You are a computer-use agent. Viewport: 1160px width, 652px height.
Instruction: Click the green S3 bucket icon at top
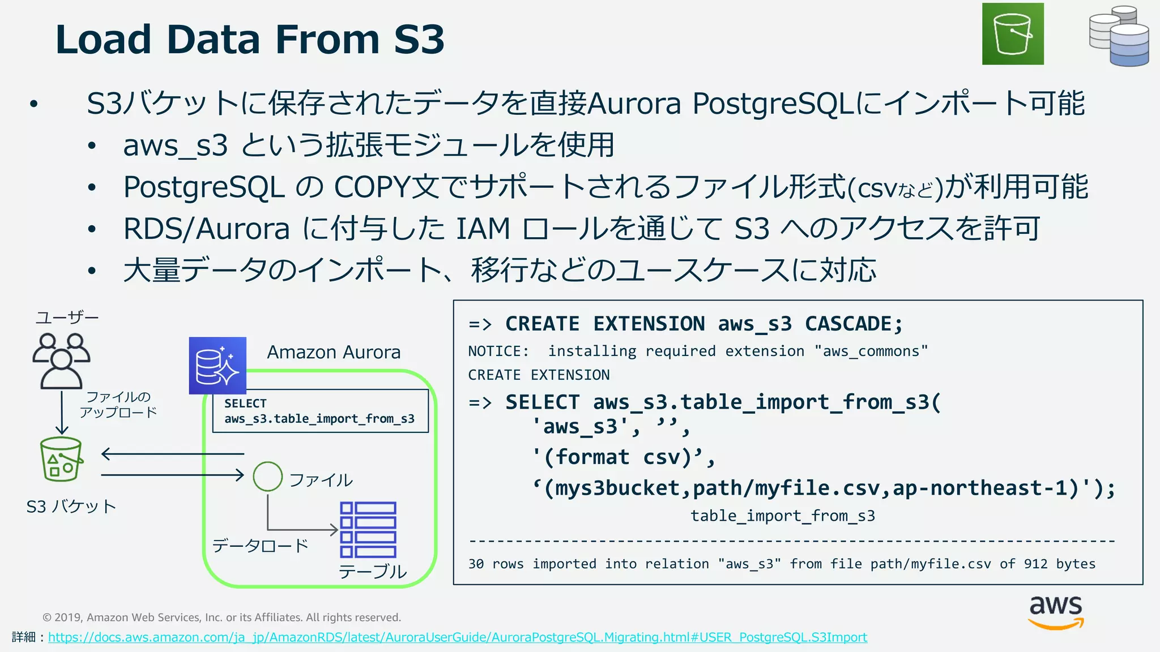pyautogui.click(x=1013, y=34)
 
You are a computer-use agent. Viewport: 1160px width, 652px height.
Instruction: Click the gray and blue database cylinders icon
pyautogui.click(x=1119, y=36)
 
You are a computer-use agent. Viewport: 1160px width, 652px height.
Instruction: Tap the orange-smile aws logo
pyautogui.click(x=1056, y=612)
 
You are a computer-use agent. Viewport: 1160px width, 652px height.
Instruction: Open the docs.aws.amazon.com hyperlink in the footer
pyautogui.click(x=457, y=637)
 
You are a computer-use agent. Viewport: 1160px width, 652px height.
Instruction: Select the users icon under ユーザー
pyautogui.click(x=61, y=361)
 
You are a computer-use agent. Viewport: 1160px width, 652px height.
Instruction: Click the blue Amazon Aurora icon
pyautogui.click(x=217, y=366)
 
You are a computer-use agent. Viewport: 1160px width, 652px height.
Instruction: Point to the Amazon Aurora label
pyautogui.click(x=334, y=352)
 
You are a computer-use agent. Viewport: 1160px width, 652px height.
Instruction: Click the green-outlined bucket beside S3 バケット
pyautogui.click(x=61, y=459)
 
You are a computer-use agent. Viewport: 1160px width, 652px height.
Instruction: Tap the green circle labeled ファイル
pyautogui.click(x=267, y=476)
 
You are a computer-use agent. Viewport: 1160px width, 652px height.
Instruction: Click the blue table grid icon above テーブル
pyautogui.click(x=368, y=530)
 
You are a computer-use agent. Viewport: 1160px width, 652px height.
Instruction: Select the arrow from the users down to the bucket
pyautogui.click(x=62, y=412)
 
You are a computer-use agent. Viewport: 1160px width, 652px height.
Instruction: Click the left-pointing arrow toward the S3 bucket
pyautogui.click(x=172, y=453)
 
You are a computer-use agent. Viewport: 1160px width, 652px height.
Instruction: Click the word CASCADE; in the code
pyautogui.click(x=854, y=324)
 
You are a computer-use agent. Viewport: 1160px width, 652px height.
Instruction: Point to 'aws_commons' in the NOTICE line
pyautogui.click(x=871, y=351)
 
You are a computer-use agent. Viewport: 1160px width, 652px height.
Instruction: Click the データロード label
pyautogui.click(x=260, y=546)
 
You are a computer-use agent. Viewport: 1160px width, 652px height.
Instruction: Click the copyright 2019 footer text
pyautogui.click(x=221, y=617)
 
